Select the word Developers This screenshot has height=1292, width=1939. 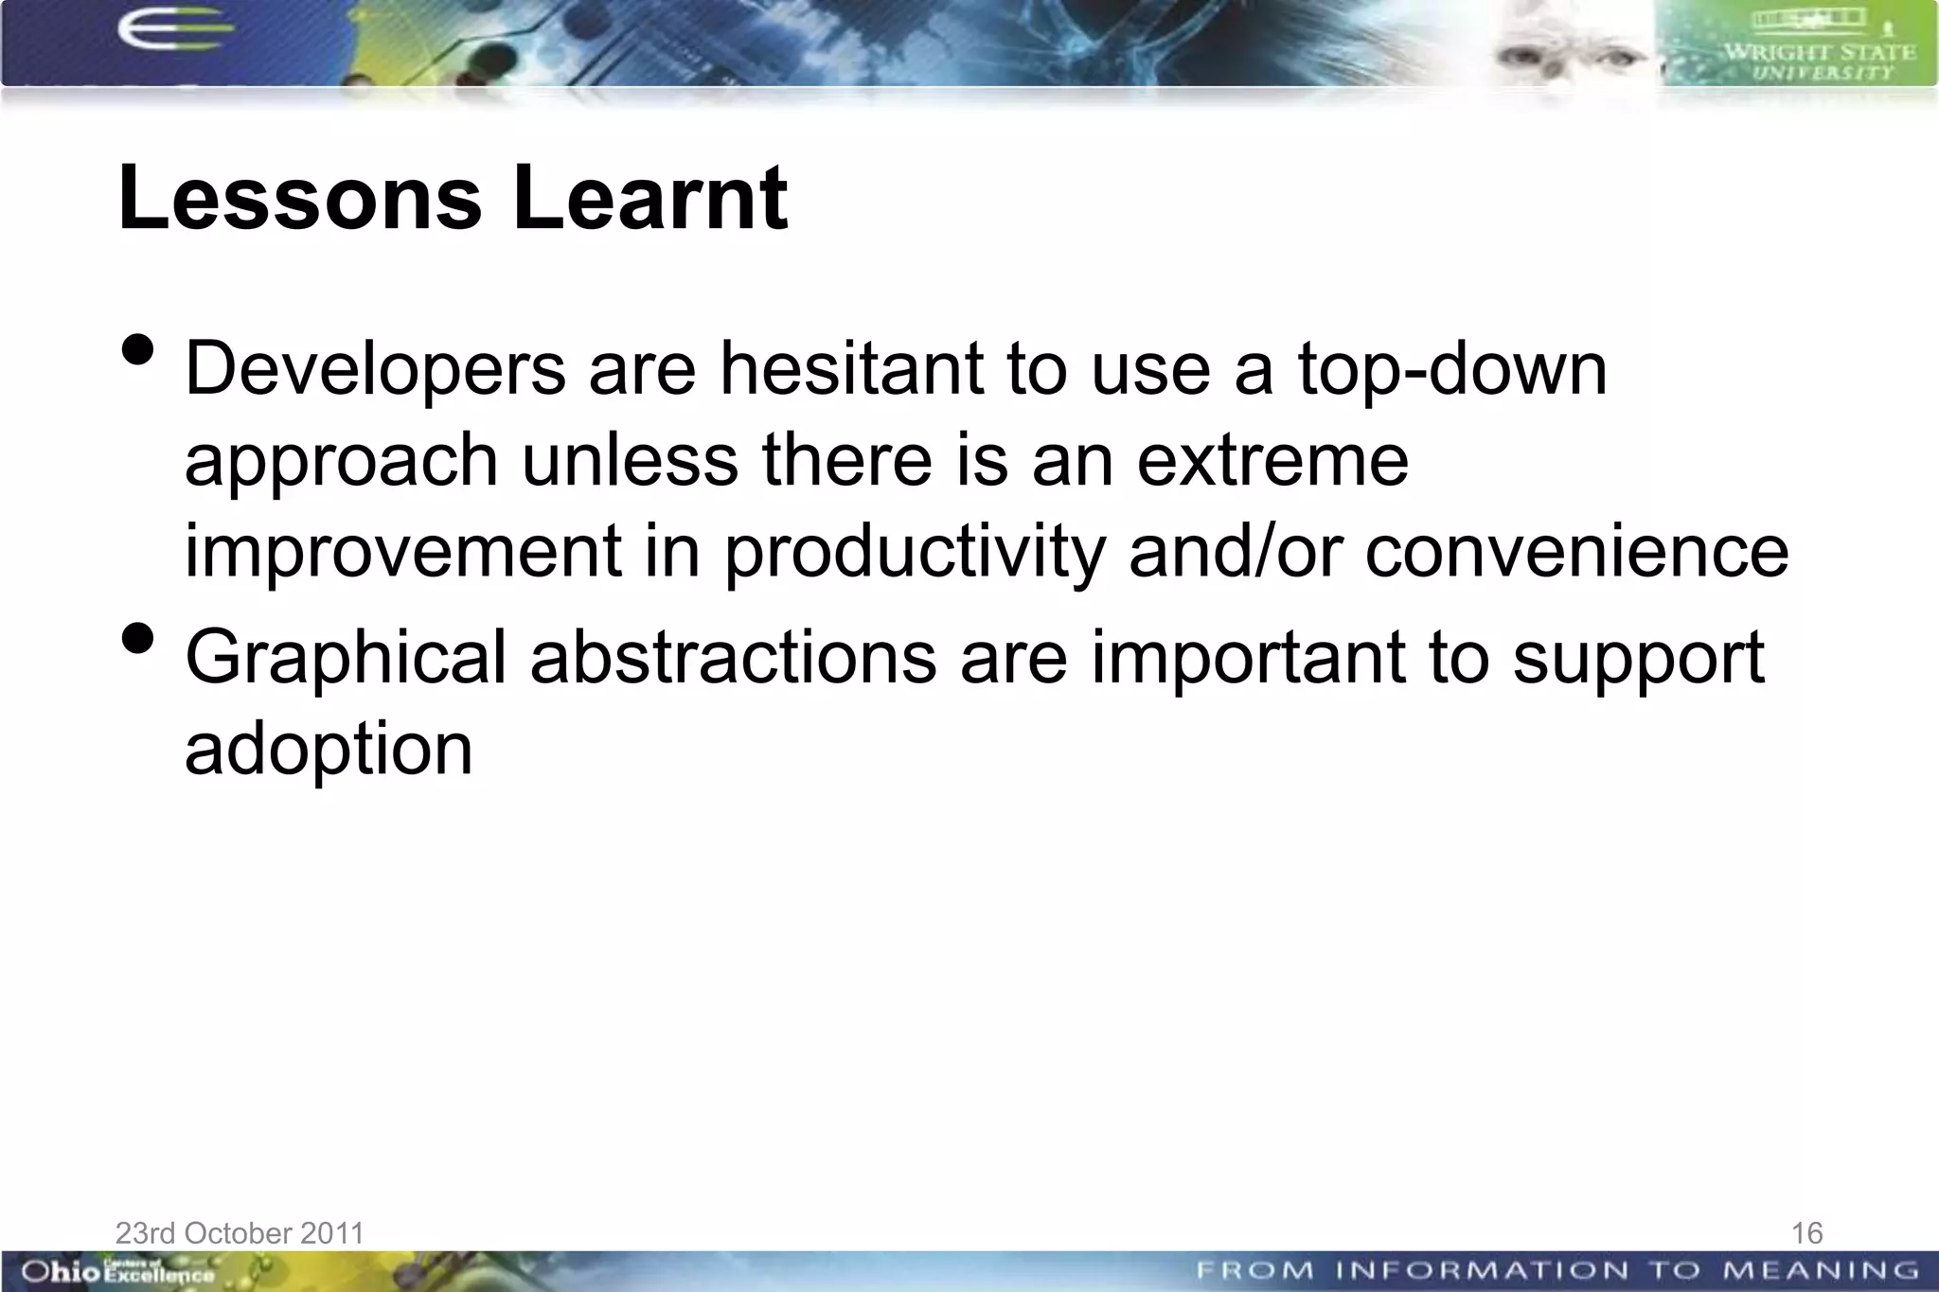coord(375,370)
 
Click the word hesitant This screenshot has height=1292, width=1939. coord(851,368)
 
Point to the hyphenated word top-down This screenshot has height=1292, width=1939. coord(1451,370)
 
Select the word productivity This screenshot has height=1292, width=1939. coord(915,554)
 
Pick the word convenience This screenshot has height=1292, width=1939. coord(1576,552)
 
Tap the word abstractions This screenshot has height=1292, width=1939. coord(733,658)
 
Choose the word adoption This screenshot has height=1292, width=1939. coord(328,751)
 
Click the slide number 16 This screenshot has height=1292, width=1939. coord(1806,1232)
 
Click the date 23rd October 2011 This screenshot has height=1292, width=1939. coord(240,1232)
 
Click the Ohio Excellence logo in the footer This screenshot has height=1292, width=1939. coord(117,1271)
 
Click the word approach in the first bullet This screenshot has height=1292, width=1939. coord(341,463)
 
